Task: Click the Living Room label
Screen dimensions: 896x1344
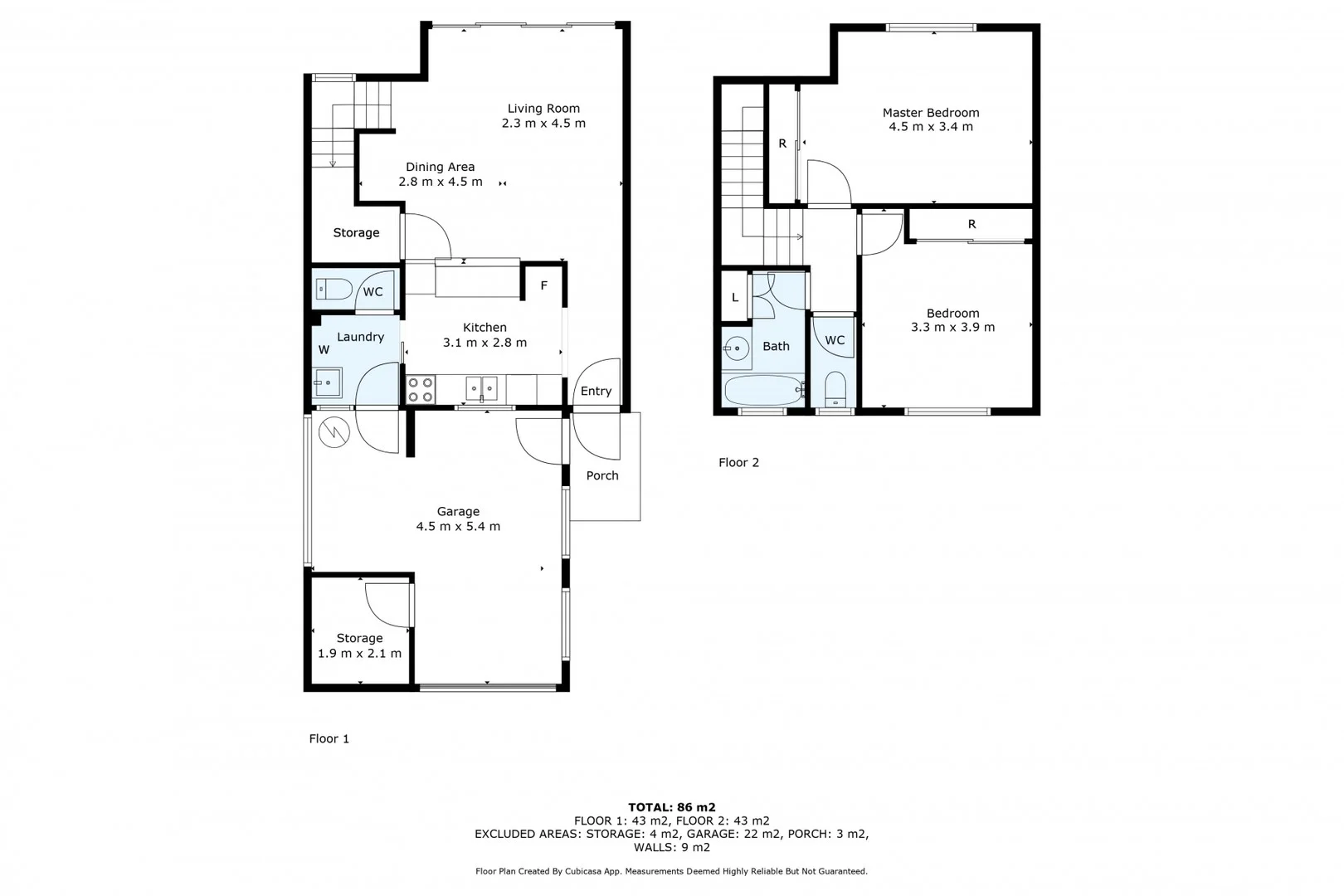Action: click(543, 108)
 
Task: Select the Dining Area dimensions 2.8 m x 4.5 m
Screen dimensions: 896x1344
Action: click(440, 182)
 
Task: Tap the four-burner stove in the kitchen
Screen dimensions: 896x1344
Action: click(421, 390)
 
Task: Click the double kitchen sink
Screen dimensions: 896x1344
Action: click(481, 388)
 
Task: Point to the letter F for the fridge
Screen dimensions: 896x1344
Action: click(544, 285)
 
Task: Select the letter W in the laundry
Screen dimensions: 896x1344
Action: click(324, 349)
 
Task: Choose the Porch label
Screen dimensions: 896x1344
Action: click(602, 475)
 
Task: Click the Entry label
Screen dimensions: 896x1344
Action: click(596, 391)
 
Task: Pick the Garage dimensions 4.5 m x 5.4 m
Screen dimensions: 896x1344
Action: click(458, 526)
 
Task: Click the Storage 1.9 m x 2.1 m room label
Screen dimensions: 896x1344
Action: click(359, 638)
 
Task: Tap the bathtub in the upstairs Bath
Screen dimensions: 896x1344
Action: click(763, 389)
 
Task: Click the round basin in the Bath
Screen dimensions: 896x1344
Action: click(737, 348)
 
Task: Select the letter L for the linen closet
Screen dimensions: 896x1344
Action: click(735, 297)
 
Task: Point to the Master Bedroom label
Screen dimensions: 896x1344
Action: click(931, 112)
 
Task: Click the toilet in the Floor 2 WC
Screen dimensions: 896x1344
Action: click(835, 389)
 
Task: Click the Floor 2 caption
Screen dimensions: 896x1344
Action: click(738, 462)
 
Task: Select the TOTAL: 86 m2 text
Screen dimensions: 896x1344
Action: click(671, 806)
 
